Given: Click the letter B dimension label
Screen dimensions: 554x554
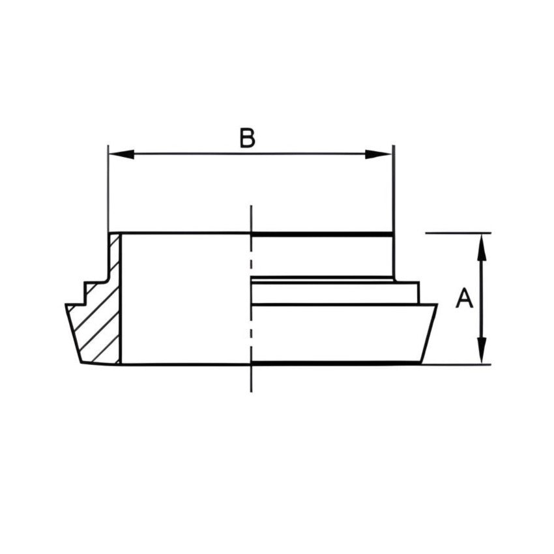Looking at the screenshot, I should (247, 138).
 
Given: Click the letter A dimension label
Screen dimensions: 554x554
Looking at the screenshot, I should (464, 299).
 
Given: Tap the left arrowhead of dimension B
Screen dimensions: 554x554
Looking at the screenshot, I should (121, 154).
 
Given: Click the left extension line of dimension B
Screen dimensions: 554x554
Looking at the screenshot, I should (108, 189).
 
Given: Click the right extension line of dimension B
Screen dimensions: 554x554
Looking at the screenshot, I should (393, 189).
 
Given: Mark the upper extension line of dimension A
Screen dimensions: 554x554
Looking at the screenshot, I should (456, 233).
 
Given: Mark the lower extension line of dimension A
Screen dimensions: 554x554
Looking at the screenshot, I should (456, 364).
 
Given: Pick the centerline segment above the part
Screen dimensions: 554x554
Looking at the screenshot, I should (251, 218).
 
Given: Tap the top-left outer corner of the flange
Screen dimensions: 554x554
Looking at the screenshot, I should (66, 304).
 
